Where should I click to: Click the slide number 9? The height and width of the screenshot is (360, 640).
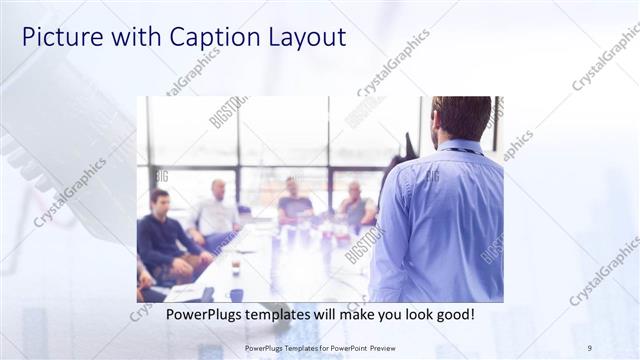[589, 348]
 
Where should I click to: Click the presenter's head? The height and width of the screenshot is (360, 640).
[462, 118]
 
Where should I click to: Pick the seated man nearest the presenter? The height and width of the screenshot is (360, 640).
[355, 205]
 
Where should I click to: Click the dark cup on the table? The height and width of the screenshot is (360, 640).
[236, 294]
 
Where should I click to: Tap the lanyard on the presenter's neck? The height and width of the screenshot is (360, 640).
[460, 150]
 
